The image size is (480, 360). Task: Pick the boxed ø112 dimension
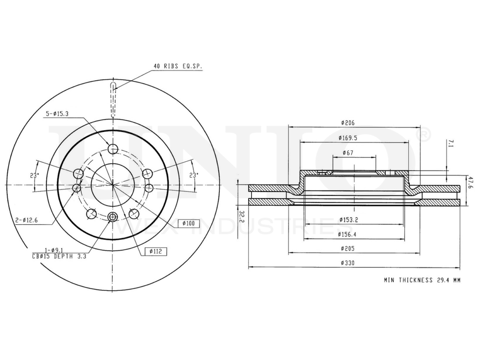pyautogui.click(x=154, y=251)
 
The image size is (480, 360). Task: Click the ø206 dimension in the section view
pyautogui.click(x=348, y=123)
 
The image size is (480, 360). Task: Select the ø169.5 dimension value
pyautogui.click(x=348, y=138)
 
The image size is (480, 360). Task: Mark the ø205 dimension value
pyautogui.click(x=348, y=249)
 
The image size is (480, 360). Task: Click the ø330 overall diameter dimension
pyautogui.click(x=348, y=263)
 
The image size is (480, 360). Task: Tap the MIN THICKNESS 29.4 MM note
pyautogui.click(x=421, y=280)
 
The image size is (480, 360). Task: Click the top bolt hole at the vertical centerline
pyautogui.click(x=113, y=149)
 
